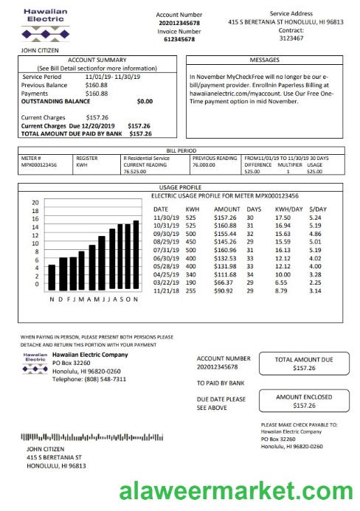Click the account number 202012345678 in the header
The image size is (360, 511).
pyautogui.click(x=179, y=23)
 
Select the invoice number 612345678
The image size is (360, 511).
pyautogui.click(x=179, y=40)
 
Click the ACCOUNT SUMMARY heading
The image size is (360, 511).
pyautogui.click(x=97, y=60)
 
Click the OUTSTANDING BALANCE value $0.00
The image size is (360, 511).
pyautogui.click(x=145, y=101)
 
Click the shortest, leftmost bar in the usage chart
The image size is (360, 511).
pyautogui.click(x=52, y=277)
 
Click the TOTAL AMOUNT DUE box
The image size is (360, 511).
pyautogui.click(x=303, y=363)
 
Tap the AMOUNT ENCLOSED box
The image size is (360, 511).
pyautogui.click(x=303, y=401)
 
